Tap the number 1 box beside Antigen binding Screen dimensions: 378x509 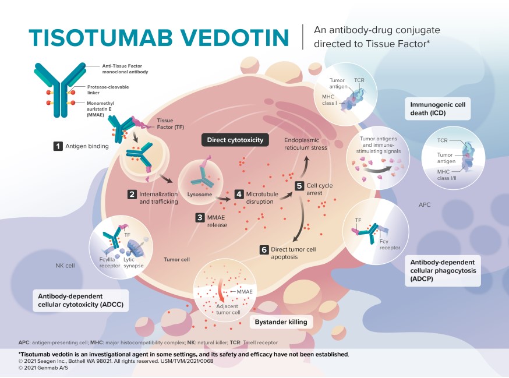58,147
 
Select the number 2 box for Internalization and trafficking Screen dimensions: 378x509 133,193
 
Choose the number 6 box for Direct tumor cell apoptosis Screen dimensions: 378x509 264,250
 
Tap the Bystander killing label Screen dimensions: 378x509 281,322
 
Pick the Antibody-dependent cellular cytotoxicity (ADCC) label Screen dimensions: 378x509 81,299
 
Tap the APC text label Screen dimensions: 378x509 425,205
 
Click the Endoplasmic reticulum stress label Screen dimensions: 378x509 306,144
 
